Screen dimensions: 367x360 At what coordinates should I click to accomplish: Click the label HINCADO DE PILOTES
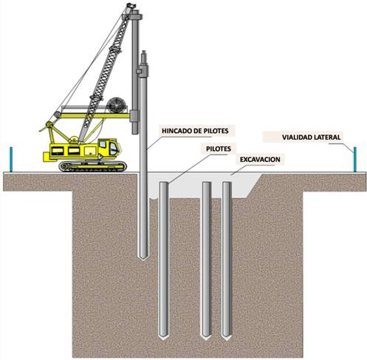pyautogui.click(x=195, y=131)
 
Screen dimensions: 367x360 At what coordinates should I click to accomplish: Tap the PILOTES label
pyautogui.click(x=219, y=149)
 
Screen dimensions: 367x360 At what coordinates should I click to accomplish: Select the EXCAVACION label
pyautogui.click(x=260, y=160)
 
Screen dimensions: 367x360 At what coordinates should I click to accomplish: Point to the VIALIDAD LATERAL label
pyautogui.click(x=311, y=137)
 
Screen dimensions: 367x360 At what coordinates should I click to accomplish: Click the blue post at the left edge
pyautogui.click(x=11, y=159)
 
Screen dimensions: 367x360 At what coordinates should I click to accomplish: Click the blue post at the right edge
pyautogui.click(x=354, y=159)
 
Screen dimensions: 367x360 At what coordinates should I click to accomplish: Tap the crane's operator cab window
pyautogui.click(x=113, y=149)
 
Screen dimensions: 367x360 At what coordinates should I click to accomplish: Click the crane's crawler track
pyautogui.click(x=93, y=166)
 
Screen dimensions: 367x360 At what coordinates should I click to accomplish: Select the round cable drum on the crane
pyautogui.click(x=117, y=105)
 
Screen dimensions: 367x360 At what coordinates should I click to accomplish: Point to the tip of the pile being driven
pyautogui.click(x=143, y=259)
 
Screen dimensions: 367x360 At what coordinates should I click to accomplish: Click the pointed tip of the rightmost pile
pyautogui.click(x=227, y=339)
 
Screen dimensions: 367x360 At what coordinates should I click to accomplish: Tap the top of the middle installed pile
pyautogui.click(x=207, y=183)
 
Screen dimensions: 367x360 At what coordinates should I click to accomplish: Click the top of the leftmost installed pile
pyautogui.click(x=164, y=183)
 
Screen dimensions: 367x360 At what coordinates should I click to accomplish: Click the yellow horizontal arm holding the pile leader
pyautogui.click(x=95, y=116)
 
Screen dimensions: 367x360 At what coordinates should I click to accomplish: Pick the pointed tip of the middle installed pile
pyautogui.click(x=206, y=339)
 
